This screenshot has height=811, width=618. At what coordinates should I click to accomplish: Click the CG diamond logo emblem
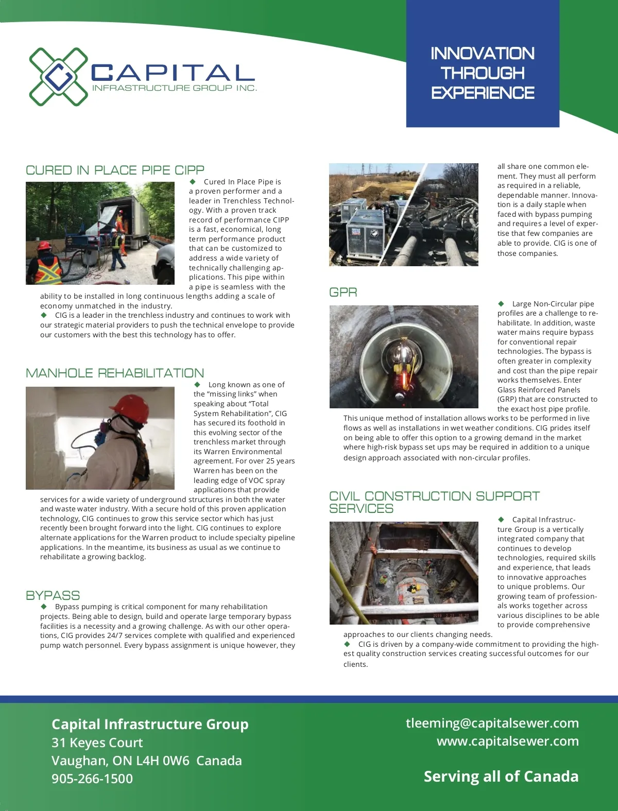58,77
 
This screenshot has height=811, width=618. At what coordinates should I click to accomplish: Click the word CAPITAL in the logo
173,73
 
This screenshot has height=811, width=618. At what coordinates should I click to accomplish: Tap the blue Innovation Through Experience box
483,73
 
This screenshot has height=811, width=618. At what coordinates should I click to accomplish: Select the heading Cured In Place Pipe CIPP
115,170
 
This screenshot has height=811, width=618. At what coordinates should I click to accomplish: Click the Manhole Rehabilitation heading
115,373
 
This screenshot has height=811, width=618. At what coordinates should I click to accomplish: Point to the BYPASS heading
53,596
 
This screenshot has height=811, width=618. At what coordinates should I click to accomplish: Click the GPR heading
343,292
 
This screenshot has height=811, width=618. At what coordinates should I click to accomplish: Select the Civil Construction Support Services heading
434,502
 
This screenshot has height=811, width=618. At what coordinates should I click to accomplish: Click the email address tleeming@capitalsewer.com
492,723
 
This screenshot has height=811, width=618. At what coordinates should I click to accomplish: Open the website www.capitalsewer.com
507,741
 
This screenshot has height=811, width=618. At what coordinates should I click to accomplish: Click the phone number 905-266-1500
92,779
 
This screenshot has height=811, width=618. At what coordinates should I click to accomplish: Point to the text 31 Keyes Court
97,743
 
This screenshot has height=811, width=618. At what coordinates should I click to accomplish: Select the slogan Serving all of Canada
501,777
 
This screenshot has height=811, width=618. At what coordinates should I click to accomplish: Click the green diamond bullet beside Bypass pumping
44,607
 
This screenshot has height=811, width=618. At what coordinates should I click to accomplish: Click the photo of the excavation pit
404,573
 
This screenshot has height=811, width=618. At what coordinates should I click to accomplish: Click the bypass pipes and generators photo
404,215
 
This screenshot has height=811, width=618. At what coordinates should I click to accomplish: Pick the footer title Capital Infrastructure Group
150,724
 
